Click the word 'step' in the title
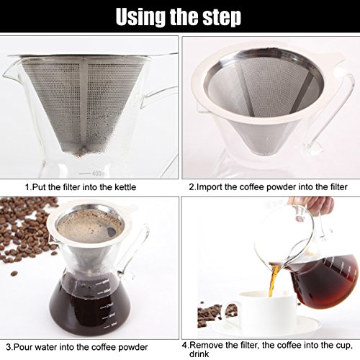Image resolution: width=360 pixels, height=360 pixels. pos(222,17)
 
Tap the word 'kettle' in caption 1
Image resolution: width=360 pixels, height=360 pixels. pos(125,187)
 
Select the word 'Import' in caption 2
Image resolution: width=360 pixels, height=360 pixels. pos(210,187)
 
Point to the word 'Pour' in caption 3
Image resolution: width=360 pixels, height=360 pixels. pos(22,347)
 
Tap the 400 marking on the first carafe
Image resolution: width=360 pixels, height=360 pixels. pos(97,174)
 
